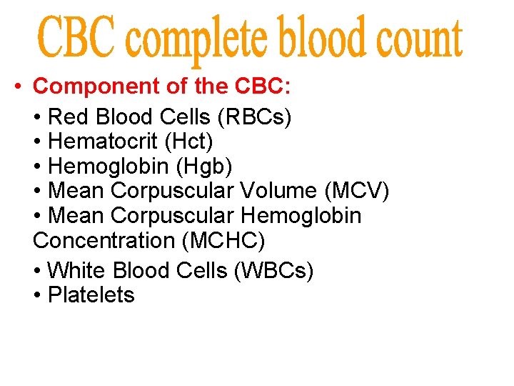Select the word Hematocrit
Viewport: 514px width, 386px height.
[x=102, y=142]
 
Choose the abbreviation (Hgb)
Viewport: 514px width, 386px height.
[x=206, y=166]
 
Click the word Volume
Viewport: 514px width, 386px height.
[x=277, y=191]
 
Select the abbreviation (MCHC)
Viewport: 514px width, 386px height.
[x=223, y=240]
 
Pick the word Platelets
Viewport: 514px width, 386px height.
[x=91, y=295]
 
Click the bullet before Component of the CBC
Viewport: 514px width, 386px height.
[x=16, y=87]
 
